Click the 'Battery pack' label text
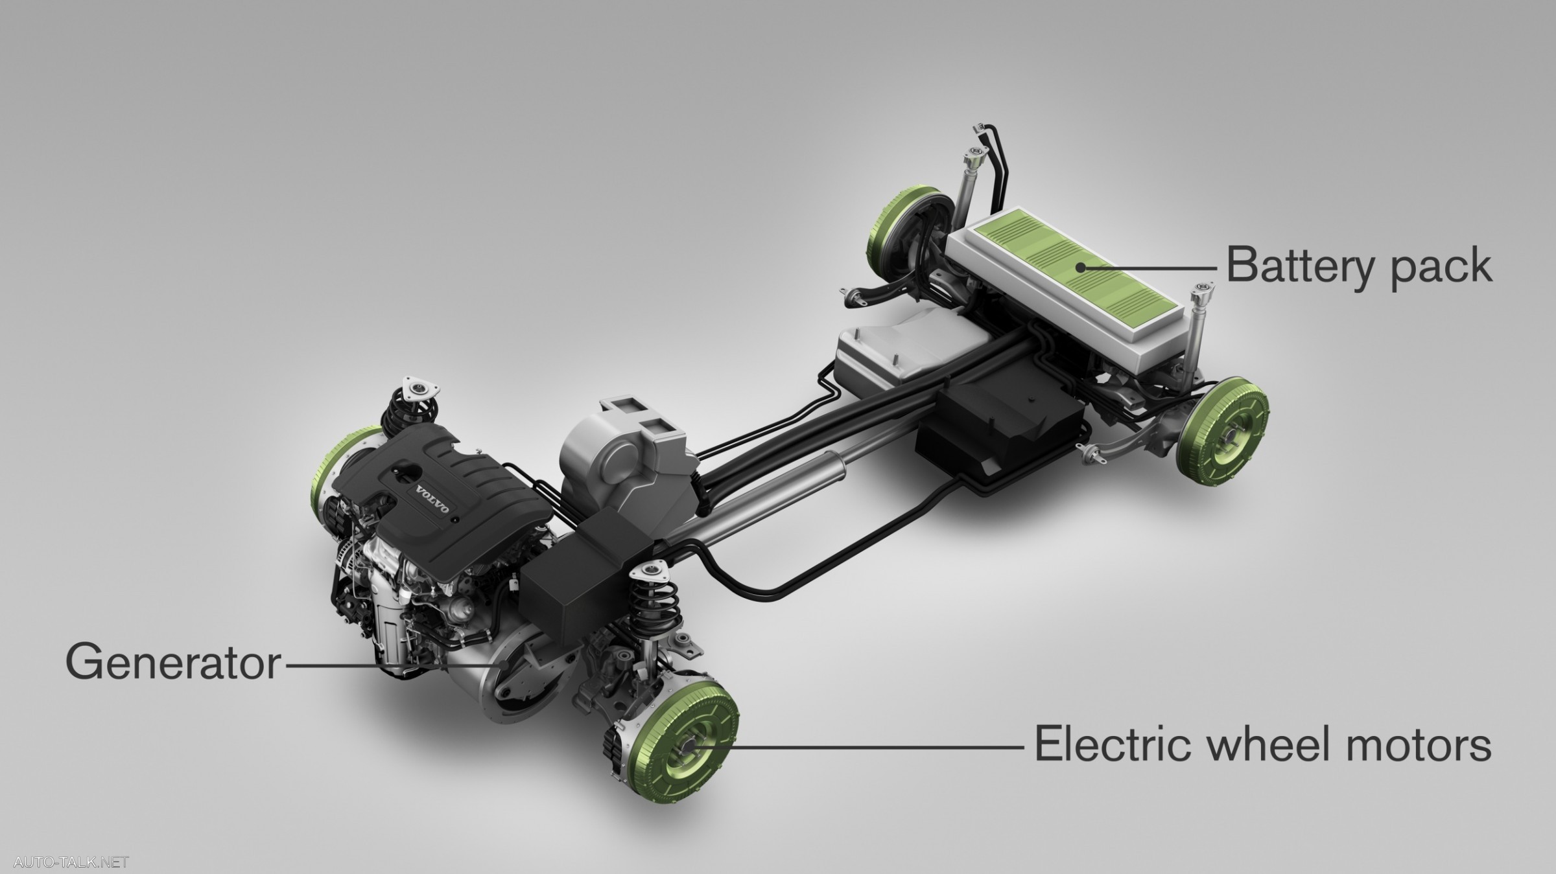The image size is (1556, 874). coord(1359,266)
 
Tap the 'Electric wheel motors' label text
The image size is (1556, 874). coord(1262,746)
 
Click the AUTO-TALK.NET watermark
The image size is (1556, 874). coord(71,862)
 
